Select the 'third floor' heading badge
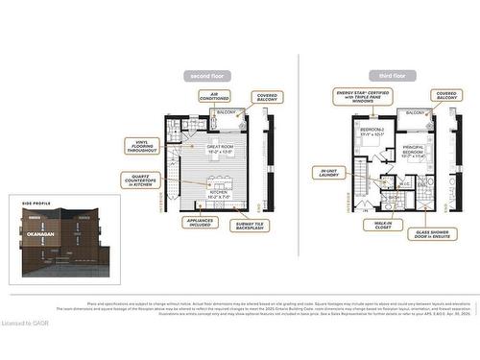384,75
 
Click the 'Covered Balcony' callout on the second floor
265,98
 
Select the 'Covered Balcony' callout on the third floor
445,96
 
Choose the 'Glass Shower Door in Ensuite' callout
437,233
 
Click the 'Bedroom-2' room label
372,132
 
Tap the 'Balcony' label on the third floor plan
415,112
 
